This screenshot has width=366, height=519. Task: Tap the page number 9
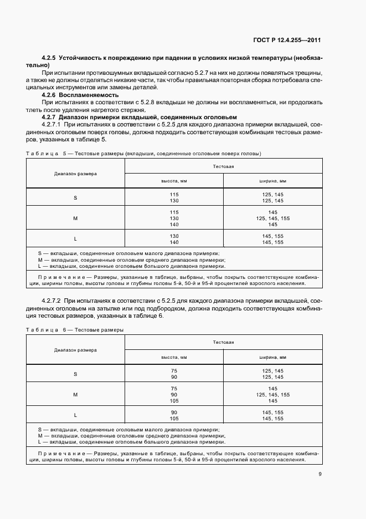tap(319, 474)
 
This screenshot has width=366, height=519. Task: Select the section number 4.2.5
tap(50, 58)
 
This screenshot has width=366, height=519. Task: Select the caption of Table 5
tap(143, 153)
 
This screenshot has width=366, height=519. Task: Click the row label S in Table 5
tap(75, 197)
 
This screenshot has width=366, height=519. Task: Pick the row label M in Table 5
tap(75, 218)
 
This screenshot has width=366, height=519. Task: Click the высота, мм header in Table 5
tap(174, 181)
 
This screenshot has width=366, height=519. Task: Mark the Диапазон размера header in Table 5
tap(75, 174)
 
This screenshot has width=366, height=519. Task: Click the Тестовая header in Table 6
tap(223, 343)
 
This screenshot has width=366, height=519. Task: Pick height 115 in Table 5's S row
tap(174, 194)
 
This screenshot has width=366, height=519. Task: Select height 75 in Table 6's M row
tap(174, 389)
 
